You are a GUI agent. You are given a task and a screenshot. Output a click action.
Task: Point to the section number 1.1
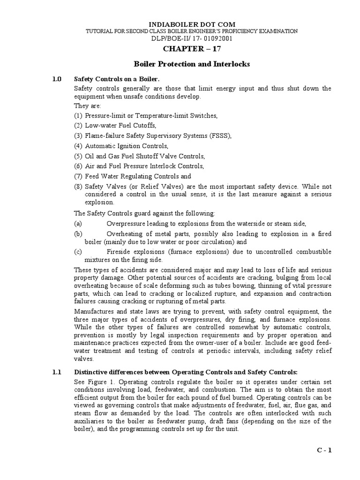[x=57, y=372]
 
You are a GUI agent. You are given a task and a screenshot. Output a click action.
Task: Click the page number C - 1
[x=323, y=450]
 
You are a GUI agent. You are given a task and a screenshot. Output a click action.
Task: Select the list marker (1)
[x=78, y=115]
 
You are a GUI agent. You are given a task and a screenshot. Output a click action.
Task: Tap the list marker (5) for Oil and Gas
[x=78, y=156]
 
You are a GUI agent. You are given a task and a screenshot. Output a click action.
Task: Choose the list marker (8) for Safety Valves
[x=78, y=187]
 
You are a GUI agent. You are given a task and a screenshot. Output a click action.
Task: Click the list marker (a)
[x=78, y=224]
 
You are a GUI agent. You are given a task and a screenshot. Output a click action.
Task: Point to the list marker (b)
[x=78, y=233]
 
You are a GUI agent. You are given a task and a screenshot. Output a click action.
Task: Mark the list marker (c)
[x=78, y=252]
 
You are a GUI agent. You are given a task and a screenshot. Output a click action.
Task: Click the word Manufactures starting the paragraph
[x=94, y=311]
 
